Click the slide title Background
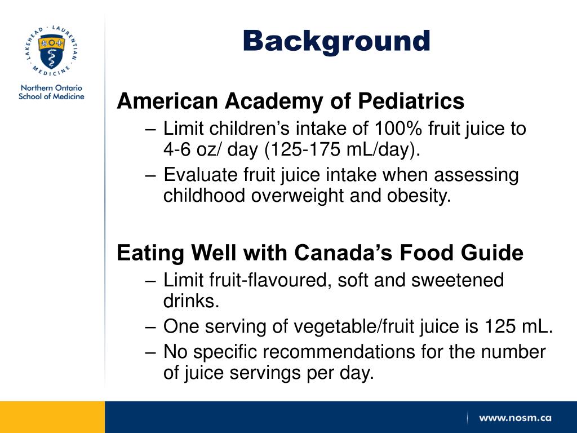[x=336, y=41]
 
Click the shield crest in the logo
[x=51, y=51]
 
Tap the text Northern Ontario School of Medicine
[x=51, y=92]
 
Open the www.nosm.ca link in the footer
[x=515, y=418]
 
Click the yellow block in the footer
[x=52, y=417]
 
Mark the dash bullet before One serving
[x=150, y=327]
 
